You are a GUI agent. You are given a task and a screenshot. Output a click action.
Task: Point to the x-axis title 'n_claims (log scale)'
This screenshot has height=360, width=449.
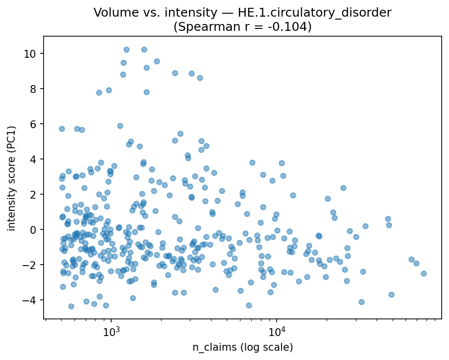(x=242, y=347)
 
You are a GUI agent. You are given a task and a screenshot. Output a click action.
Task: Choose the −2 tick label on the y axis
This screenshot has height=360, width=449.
(x=32, y=265)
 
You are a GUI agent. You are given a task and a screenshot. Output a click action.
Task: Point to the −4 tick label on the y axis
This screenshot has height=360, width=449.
(x=32, y=300)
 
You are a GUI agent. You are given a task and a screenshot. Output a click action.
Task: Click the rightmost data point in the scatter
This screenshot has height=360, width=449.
(x=424, y=273)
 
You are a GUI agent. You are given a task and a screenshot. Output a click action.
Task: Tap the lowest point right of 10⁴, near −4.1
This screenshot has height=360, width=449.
(x=361, y=302)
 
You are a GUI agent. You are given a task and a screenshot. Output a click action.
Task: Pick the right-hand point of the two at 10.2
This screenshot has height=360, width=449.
(x=144, y=49)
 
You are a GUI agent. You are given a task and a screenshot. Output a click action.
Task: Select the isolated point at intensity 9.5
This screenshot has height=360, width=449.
(x=157, y=61)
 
